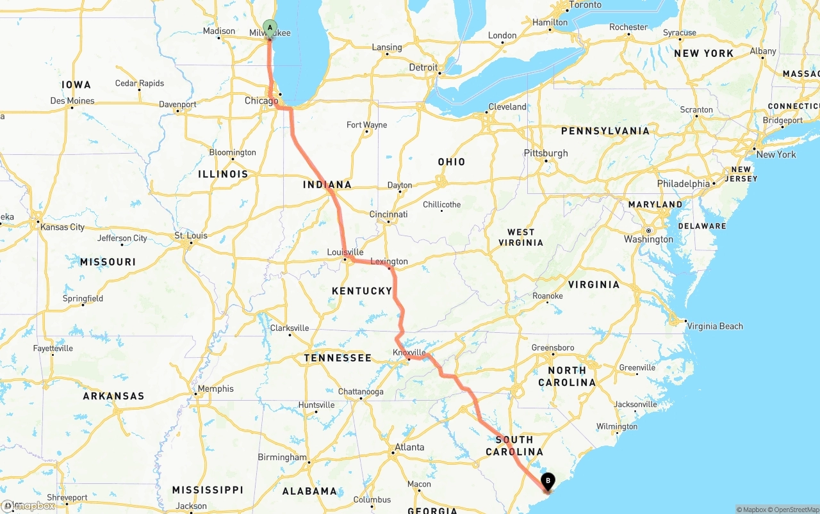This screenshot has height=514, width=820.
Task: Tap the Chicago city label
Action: pos(261,101)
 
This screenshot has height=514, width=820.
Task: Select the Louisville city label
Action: pos(345,252)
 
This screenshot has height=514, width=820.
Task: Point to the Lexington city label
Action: pos(389,261)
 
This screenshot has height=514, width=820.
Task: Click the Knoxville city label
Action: pos(409,353)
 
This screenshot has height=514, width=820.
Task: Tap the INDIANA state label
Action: pos(327,185)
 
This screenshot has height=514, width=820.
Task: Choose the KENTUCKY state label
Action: pos(362,291)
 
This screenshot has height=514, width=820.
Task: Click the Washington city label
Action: pos(649,239)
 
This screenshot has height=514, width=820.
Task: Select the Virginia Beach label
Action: pos(715,326)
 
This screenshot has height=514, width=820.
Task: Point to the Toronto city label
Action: pos(585,5)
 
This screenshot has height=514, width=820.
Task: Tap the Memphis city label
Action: pos(216,389)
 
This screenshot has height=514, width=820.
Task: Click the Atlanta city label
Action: pos(409,447)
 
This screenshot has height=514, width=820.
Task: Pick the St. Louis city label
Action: pos(191,236)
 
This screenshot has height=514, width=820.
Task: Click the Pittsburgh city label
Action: pos(546,153)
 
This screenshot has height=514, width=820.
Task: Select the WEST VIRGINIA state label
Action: pos(521,237)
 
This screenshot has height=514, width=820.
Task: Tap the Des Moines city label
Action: pos(72,100)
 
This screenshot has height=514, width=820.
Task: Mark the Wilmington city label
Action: pos(616,426)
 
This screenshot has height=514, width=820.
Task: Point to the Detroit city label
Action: pos(423,67)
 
